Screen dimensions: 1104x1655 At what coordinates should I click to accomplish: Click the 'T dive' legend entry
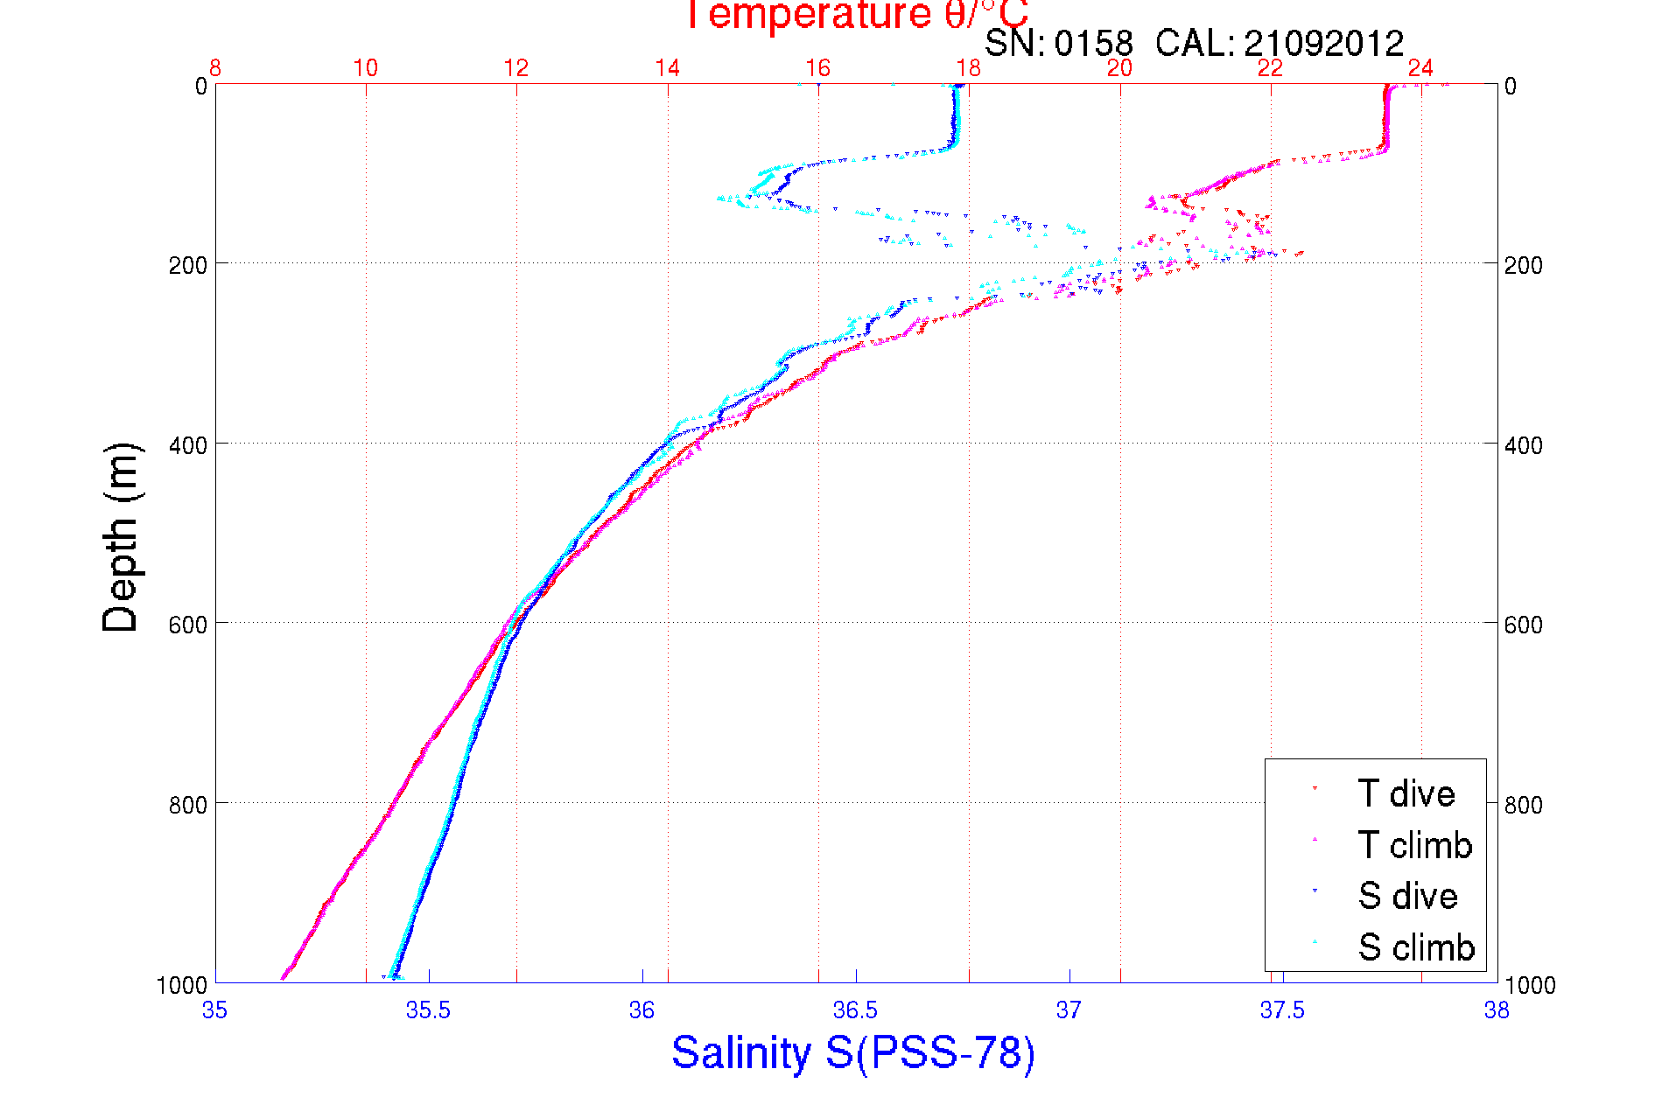[x=1406, y=793]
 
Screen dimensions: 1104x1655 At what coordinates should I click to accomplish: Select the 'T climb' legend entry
[x=1414, y=845]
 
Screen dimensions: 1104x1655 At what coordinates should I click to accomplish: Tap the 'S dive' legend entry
[x=1407, y=896]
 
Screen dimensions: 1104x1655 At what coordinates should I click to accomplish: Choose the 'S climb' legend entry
[x=1416, y=947]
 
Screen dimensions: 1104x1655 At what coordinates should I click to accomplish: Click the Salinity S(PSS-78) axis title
[x=853, y=1052]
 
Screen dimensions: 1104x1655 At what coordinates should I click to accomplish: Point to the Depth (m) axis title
[x=121, y=537]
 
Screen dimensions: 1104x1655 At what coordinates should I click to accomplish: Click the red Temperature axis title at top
[x=857, y=15]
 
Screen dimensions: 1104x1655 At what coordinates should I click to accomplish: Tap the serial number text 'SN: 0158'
[x=1058, y=43]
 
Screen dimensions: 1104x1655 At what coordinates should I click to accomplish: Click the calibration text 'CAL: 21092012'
[x=1280, y=43]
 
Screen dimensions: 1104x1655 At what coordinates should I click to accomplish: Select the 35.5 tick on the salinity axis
[x=428, y=1011]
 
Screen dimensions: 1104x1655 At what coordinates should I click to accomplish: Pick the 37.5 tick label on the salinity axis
[x=1282, y=1011]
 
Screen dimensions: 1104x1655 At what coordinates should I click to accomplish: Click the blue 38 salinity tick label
[x=1496, y=1011]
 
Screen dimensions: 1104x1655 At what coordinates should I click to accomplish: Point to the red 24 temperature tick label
[x=1420, y=68]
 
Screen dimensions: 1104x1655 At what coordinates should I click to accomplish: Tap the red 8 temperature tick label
[x=215, y=68]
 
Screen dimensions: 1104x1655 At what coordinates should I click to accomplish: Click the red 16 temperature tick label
[x=817, y=68]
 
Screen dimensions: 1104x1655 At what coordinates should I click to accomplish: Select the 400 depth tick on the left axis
[x=187, y=445]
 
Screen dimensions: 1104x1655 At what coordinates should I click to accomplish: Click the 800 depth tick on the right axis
[x=1523, y=805]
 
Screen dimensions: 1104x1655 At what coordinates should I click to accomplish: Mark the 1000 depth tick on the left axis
[x=182, y=985]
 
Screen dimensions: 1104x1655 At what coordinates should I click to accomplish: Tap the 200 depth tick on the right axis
[x=1523, y=265]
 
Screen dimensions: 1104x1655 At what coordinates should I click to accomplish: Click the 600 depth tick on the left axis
[x=187, y=625]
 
